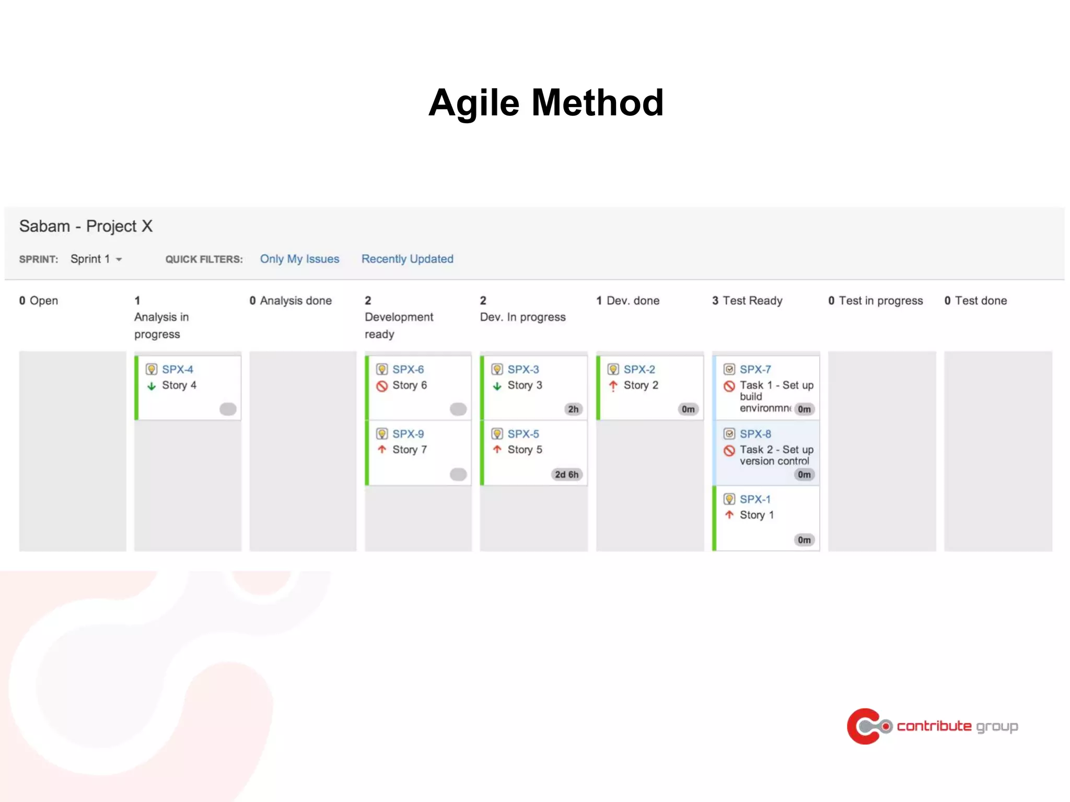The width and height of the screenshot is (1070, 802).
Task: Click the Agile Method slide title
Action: click(545, 103)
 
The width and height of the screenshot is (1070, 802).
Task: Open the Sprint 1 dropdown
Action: click(97, 259)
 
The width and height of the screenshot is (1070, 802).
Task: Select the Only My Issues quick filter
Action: click(299, 259)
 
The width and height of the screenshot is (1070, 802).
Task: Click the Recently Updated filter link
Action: click(407, 259)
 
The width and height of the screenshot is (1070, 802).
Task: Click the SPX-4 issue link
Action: click(177, 369)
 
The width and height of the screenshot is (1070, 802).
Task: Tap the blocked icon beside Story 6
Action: click(382, 386)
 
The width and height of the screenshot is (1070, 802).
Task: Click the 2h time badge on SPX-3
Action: click(573, 409)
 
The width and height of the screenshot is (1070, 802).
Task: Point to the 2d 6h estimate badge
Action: click(566, 475)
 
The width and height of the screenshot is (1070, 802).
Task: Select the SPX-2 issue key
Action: click(639, 369)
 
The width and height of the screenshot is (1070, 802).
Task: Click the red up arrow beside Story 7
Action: click(382, 450)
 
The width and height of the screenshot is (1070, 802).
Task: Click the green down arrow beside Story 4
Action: click(152, 386)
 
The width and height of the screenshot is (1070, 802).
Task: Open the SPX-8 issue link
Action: click(755, 434)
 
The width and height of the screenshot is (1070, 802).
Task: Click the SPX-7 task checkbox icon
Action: click(729, 369)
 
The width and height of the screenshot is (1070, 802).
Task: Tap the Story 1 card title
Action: click(757, 515)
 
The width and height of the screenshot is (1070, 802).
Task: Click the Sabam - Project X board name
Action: click(86, 226)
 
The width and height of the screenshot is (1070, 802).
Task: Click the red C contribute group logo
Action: click(865, 726)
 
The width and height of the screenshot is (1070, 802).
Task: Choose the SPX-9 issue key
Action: click(408, 434)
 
